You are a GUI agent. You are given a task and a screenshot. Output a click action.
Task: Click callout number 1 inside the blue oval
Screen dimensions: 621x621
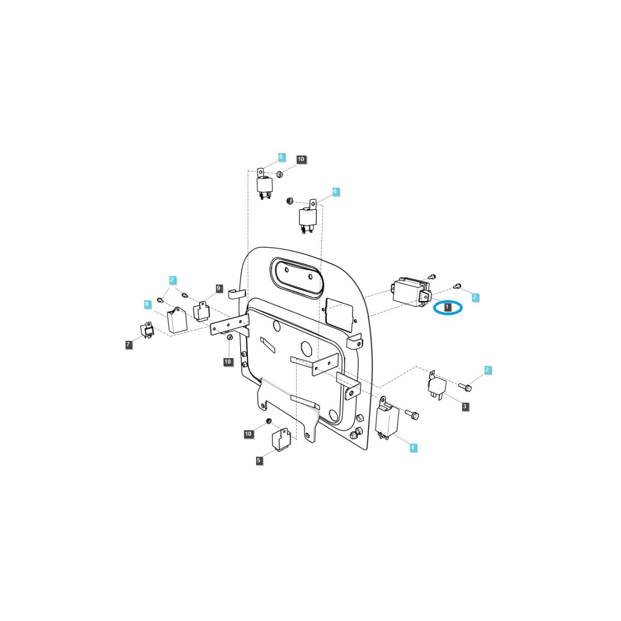pyautogui.click(x=447, y=307)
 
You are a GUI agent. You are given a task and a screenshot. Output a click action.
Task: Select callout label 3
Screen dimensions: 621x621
pyautogui.click(x=464, y=406)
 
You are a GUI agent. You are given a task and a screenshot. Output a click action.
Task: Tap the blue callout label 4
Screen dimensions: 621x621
pyautogui.click(x=412, y=447)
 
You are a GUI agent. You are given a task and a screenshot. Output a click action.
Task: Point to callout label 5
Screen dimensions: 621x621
pyautogui.click(x=258, y=461)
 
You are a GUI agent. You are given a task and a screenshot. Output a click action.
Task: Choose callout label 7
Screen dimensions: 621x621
pyautogui.click(x=128, y=345)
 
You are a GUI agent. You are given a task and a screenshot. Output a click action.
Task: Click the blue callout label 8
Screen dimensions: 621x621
pyautogui.click(x=146, y=304)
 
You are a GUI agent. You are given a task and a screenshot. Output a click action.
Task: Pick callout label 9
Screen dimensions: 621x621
pyautogui.click(x=219, y=288)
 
